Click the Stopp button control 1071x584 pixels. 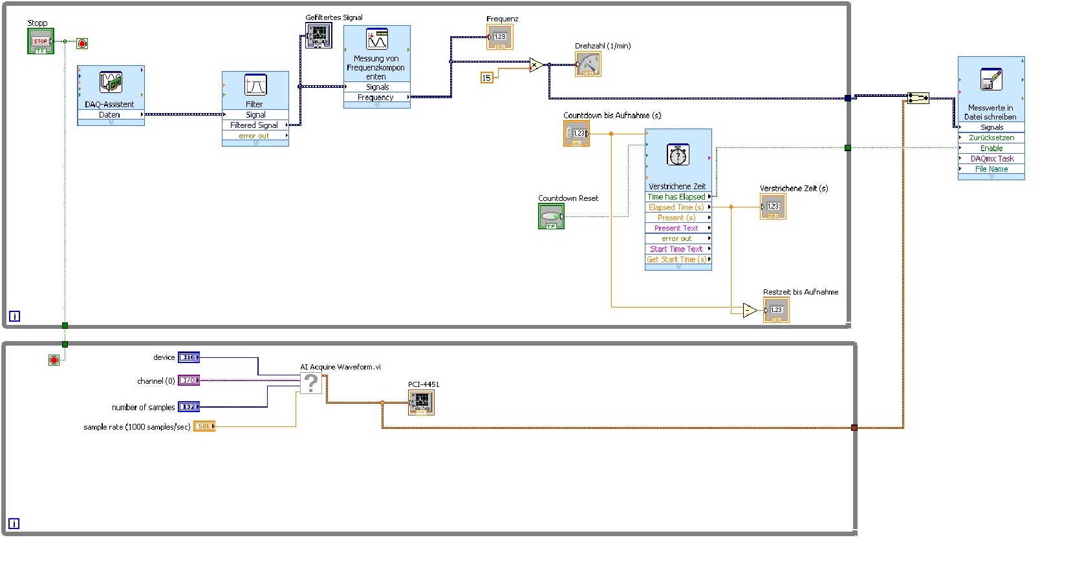[40, 41]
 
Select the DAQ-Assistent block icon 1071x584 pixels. [111, 82]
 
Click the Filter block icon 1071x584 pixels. [255, 85]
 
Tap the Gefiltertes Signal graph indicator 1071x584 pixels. [318, 36]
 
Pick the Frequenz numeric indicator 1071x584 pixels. [499, 37]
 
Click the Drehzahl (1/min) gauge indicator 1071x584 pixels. [588, 64]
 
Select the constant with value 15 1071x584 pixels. [486, 78]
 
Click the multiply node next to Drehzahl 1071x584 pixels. [535, 65]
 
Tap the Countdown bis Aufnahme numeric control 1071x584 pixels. [576, 134]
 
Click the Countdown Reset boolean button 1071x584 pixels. [551, 216]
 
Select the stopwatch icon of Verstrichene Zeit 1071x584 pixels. [678, 155]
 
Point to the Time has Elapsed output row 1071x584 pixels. [677, 197]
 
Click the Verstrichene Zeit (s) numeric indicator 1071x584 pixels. [773, 207]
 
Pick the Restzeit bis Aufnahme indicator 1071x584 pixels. [776, 311]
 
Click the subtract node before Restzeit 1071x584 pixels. [749, 311]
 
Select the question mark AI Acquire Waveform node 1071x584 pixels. [311, 383]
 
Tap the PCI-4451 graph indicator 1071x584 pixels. [421, 402]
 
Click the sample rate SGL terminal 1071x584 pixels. [204, 426]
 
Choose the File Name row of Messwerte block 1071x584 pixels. [991, 169]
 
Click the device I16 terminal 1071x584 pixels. [189, 357]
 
